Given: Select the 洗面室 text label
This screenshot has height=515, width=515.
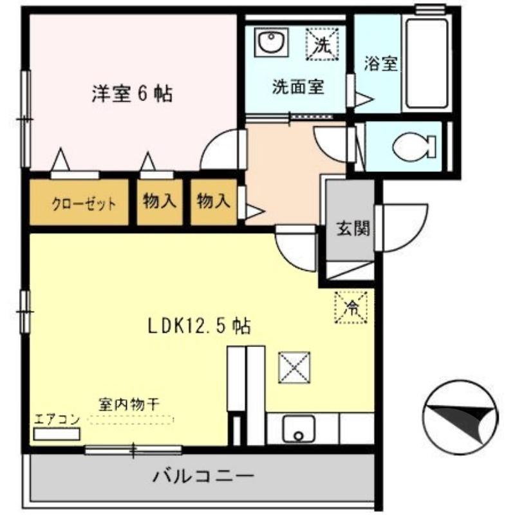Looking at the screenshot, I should click(297, 86).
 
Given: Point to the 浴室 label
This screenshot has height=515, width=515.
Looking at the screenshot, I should click(380, 64).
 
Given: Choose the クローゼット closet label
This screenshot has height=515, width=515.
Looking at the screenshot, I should click(84, 205).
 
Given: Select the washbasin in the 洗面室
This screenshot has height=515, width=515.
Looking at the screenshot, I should click(268, 44).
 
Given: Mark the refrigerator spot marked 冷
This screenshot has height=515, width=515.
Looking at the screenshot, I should click(351, 307).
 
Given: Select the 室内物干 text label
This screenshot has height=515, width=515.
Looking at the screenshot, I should click(129, 404).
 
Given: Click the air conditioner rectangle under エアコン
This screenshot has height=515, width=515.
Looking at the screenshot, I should click(57, 434).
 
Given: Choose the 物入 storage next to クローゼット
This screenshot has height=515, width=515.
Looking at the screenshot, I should click(159, 201).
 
